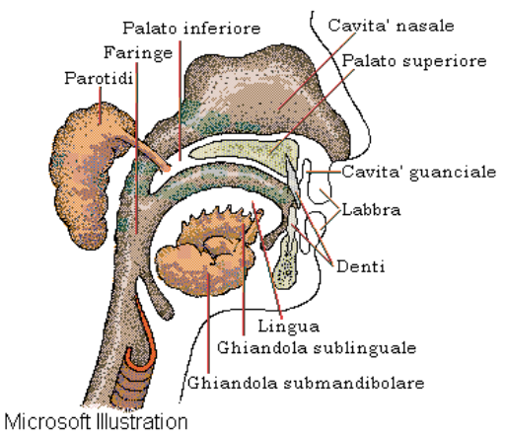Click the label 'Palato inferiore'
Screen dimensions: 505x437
(x=191, y=29)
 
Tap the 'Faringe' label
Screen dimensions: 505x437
(x=138, y=53)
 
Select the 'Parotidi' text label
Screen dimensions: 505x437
(x=99, y=78)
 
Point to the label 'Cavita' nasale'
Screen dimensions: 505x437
(x=391, y=26)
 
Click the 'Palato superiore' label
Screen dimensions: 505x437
(x=414, y=61)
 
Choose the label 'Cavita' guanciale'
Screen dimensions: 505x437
(x=418, y=172)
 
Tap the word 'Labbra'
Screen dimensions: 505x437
(x=371, y=209)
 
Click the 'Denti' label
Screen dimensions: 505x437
(x=361, y=266)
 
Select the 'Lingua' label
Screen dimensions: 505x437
(x=289, y=327)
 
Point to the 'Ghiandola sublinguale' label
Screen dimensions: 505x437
(x=317, y=347)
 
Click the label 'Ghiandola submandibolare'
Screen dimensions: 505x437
(x=306, y=383)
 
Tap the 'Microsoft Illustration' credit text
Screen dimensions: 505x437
(x=96, y=421)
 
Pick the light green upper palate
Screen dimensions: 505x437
(x=244, y=150)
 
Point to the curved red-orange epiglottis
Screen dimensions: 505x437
(x=145, y=332)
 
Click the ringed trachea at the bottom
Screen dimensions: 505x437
(x=131, y=385)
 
